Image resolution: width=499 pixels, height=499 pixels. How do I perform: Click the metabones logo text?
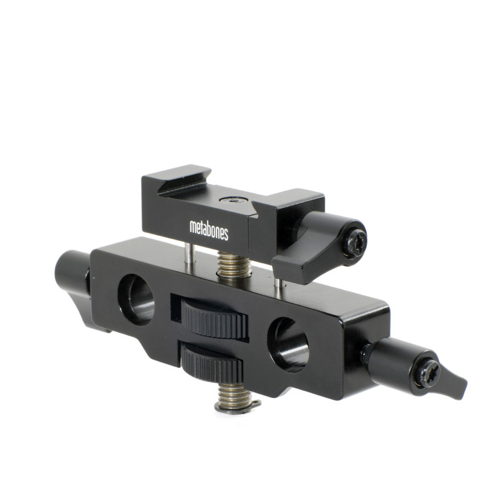[x=209, y=230]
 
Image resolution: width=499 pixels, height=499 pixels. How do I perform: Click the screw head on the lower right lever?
[x=430, y=372]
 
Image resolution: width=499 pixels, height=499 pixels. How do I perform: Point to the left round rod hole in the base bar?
[x=136, y=298]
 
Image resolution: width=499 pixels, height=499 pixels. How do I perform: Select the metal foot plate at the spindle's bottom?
[x=237, y=407]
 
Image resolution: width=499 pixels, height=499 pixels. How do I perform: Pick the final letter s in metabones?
[x=226, y=235]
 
